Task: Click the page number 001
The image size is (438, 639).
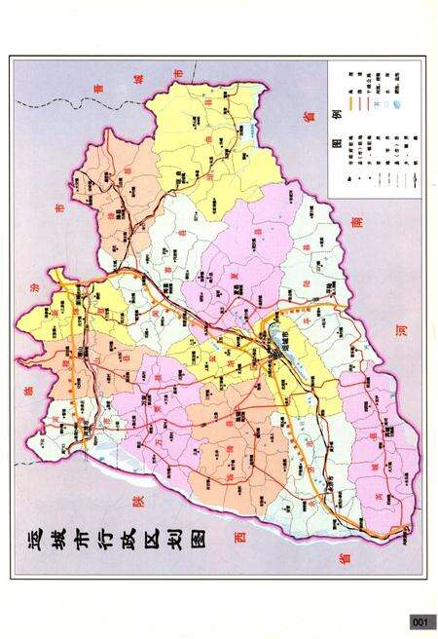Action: point(420,621)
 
